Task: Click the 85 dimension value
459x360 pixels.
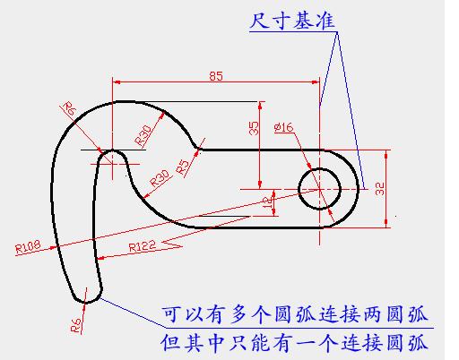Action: pos(216,76)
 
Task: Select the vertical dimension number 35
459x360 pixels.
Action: pos(254,128)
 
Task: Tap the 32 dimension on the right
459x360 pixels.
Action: pos(379,189)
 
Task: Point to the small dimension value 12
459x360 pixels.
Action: pos(269,203)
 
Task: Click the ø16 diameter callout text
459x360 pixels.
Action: pos(284,128)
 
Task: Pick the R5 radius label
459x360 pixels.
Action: pos(183,167)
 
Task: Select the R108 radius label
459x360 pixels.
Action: pos(28,247)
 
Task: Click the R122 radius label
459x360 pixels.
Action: pos(143,246)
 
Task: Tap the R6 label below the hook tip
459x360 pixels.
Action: pos(76,325)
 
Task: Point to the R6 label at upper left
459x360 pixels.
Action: pos(69,109)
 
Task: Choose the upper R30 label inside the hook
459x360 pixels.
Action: pos(143,136)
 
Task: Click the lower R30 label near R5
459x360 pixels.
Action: pos(160,178)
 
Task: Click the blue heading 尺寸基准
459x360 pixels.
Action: pos(292,21)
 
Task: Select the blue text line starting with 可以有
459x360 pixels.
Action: pos(294,314)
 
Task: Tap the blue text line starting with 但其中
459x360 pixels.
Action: pos(294,343)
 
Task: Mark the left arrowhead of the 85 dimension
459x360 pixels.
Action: pos(117,81)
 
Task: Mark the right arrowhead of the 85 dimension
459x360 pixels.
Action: pos(316,81)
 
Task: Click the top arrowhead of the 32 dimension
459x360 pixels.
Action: pos(386,154)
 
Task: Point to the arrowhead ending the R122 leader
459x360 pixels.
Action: pos(101,258)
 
